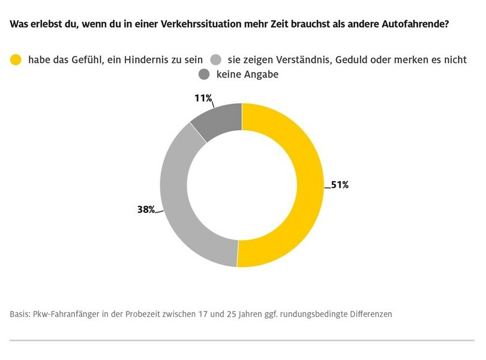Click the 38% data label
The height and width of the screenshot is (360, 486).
[146, 209]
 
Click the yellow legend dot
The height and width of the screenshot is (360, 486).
[16, 60]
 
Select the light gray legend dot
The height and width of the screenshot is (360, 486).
[217, 60]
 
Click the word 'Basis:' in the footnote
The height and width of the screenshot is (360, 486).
[20, 314]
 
